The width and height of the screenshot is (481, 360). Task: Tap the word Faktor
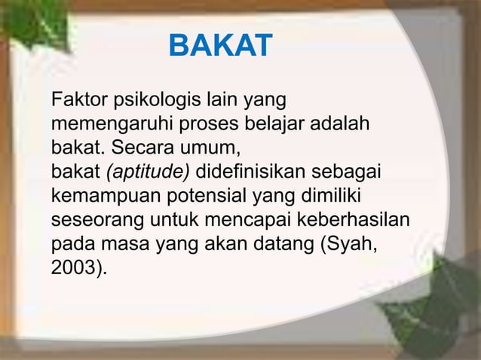tap(75, 100)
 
